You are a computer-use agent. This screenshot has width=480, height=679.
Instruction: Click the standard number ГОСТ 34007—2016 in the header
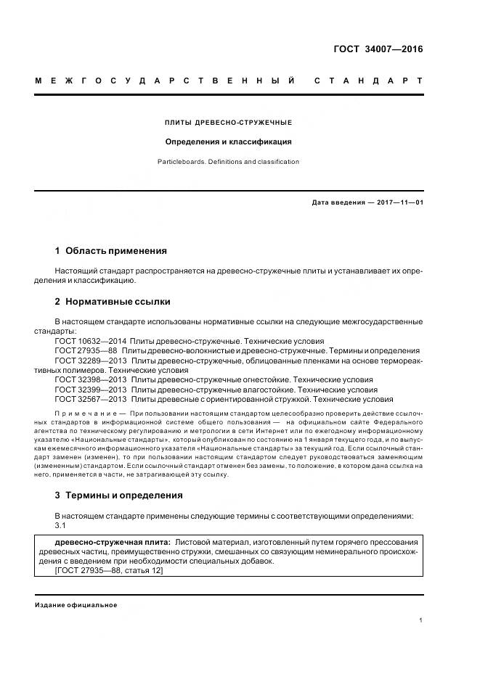pyautogui.click(x=378, y=50)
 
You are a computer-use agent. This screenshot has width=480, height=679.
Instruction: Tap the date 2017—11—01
pyautogui.click(x=399, y=202)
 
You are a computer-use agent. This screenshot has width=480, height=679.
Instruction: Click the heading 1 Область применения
pyautogui.click(x=110, y=251)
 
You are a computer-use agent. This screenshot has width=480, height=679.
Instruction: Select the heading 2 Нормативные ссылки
pyautogui.click(x=112, y=301)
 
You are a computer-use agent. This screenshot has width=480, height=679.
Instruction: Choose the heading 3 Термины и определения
pyautogui.click(x=118, y=495)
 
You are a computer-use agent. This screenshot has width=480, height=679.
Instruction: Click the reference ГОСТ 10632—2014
pyautogui.click(x=91, y=340)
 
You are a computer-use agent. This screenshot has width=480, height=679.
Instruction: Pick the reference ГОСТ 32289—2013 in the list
pyautogui.click(x=91, y=360)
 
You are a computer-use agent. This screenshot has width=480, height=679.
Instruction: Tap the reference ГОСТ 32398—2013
pyautogui.click(x=91, y=379)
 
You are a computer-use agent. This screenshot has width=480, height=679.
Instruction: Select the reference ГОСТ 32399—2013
pyautogui.click(x=91, y=389)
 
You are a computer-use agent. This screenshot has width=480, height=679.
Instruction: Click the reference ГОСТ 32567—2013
pyautogui.click(x=91, y=399)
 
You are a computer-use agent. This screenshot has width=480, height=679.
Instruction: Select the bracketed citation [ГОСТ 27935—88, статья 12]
pyautogui.click(x=109, y=571)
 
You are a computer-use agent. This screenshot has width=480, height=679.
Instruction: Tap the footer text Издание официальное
pyautogui.click(x=76, y=605)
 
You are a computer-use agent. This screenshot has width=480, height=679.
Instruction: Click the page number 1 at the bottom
pyautogui.click(x=421, y=621)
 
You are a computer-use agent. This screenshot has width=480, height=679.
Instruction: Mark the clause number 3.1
pyautogui.click(x=61, y=525)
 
